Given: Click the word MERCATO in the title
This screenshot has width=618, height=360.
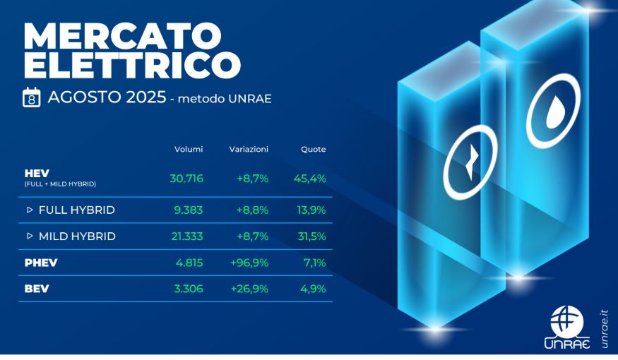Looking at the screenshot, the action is [x=123, y=36].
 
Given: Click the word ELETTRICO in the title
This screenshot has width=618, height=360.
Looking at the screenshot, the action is [x=133, y=64].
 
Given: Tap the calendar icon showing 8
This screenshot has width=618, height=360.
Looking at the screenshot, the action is [x=32, y=97].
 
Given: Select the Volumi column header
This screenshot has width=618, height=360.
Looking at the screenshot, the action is [x=189, y=149].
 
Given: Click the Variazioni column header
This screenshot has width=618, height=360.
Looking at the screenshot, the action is [x=249, y=149].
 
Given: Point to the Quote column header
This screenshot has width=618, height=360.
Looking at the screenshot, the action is [x=314, y=149].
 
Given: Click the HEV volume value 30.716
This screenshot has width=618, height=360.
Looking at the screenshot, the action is [x=186, y=179].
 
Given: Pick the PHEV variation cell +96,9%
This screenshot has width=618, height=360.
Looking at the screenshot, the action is [x=249, y=263].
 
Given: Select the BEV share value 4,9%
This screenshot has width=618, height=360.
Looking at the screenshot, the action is [x=313, y=289].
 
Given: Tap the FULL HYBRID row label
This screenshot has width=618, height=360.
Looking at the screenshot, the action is [x=77, y=210].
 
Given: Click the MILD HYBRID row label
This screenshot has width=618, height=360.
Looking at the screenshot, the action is [x=77, y=236].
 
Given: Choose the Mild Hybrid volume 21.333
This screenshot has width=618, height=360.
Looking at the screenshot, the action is [x=187, y=236].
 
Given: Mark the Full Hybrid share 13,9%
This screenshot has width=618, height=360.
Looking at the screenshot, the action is [x=311, y=210].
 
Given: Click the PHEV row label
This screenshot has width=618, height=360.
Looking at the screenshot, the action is [x=41, y=263].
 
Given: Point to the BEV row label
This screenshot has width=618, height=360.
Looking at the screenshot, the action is [x=37, y=289].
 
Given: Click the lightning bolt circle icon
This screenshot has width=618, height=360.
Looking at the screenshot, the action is [x=470, y=162].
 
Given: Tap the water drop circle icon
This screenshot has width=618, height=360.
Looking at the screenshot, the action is [x=554, y=110].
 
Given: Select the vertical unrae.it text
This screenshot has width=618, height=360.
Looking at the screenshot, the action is [x=605, y=329].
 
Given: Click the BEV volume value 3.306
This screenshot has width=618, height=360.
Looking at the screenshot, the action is [x=189, y=289].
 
